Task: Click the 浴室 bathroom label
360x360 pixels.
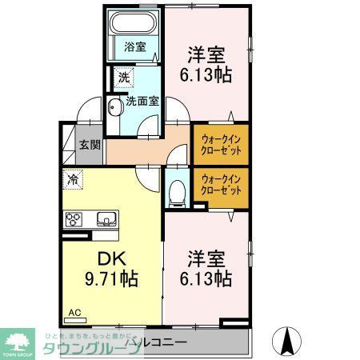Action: point(134,47)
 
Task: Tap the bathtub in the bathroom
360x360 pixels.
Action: point(134,23)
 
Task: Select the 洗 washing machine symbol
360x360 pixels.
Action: point(123,78)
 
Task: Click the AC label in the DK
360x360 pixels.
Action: point(74,313)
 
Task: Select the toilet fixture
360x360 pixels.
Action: point(178,190)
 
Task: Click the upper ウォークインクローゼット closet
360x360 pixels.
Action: point(220,141)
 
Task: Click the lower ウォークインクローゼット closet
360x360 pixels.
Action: point(220,185)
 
